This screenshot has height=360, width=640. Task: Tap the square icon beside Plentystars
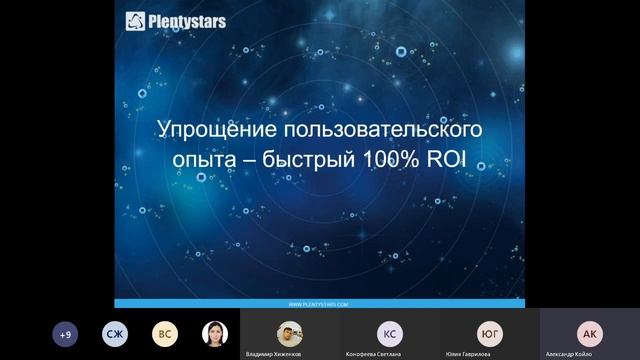pos(133,19)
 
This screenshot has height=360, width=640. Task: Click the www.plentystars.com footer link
pos(319,302)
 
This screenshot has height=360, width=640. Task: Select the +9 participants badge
pos(66,334)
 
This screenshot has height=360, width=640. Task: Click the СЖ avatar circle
pos(115,334)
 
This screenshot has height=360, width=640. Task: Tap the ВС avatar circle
pos(164,334)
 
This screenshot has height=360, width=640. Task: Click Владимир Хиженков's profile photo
pos(289,333)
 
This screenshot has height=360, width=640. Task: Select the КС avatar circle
pos(390,333)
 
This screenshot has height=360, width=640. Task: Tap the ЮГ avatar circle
pos(490,333)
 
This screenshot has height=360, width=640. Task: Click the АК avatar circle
pos(590,333)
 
